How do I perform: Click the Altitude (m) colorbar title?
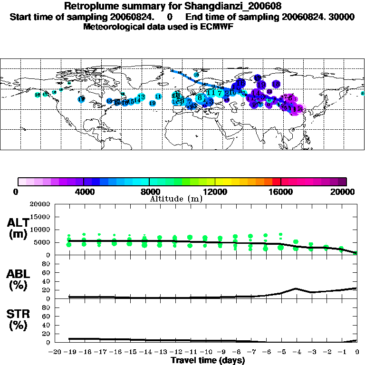coord(176,199)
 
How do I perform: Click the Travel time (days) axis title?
coord(208,360)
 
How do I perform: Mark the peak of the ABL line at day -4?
coord(296,288)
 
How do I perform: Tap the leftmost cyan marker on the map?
coord(38,95)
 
